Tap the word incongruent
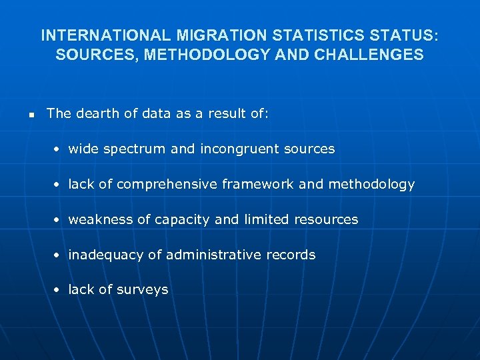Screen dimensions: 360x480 click(242, 149)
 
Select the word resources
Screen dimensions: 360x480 click(327, 219)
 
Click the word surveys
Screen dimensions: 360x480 click(142, 290)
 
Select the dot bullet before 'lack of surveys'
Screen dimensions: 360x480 click(59, 290)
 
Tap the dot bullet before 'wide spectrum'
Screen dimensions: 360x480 click(59, 149)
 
